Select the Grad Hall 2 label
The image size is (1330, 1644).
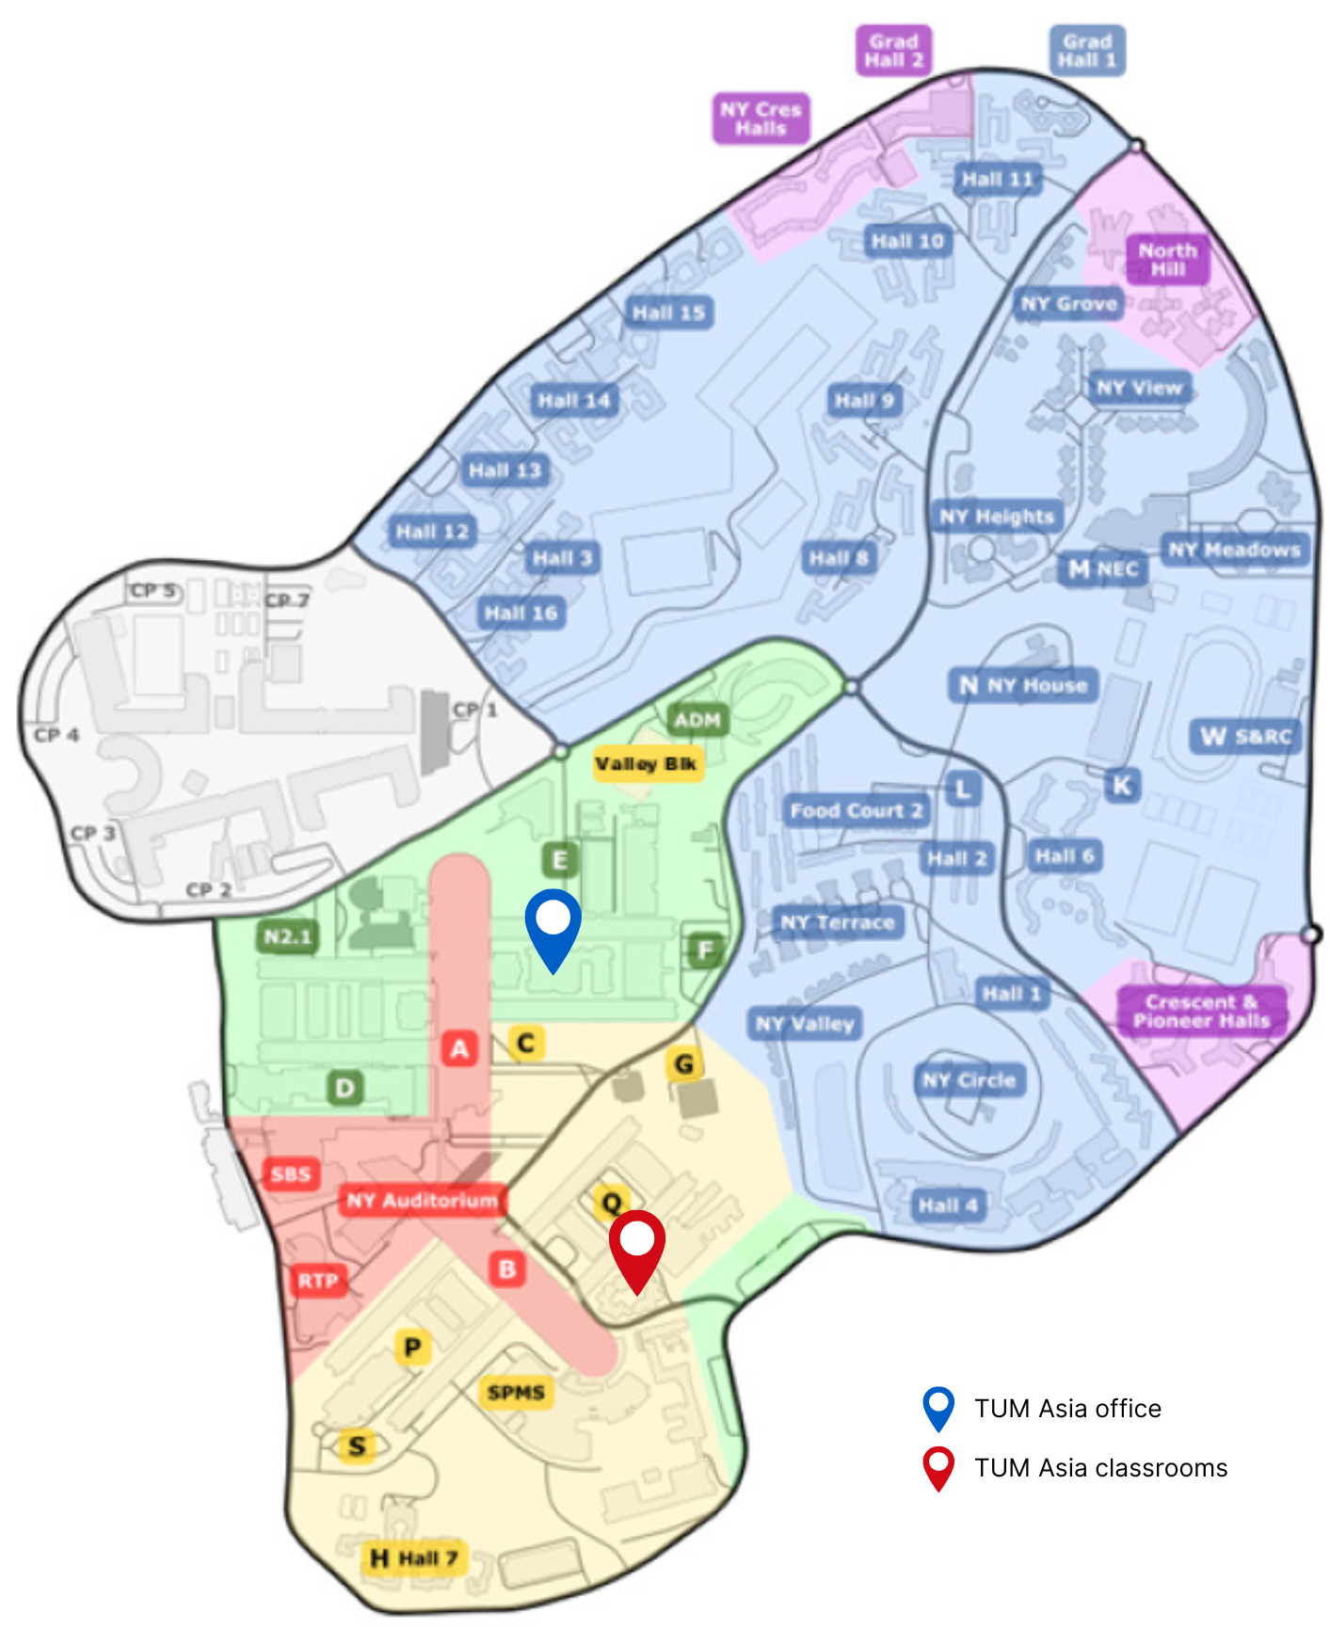click(x=893, y=51)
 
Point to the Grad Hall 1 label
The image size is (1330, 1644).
click(x=1087, y=51)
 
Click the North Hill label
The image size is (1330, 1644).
click(x=1167, y=260)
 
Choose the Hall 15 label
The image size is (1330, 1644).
click(x=667, y=312)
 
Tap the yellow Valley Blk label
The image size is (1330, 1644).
click(x=646, y=763)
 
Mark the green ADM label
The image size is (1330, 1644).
click(x=697, y=721)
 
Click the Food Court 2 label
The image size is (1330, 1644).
click(x=856, y=810)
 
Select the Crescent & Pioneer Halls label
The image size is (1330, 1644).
click(x=1201, y=1012)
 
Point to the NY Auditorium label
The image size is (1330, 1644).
click(x=422, y=1200)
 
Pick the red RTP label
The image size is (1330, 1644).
click(x=317, y=1281)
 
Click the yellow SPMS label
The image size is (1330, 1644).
click(x=516, y=1392)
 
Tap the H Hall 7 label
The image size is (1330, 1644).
click(x=414, y=1558)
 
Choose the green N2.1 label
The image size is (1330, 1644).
click(x=287, y=937)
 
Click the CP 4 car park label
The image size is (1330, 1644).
click(x=56, y=735)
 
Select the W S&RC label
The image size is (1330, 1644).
click(x=1244, y=737)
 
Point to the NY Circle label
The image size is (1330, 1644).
click(x=969, y=1080)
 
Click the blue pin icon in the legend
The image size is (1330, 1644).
click(x=938, y=1408)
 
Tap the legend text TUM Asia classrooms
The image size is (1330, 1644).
click(x=1100, y=1468)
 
